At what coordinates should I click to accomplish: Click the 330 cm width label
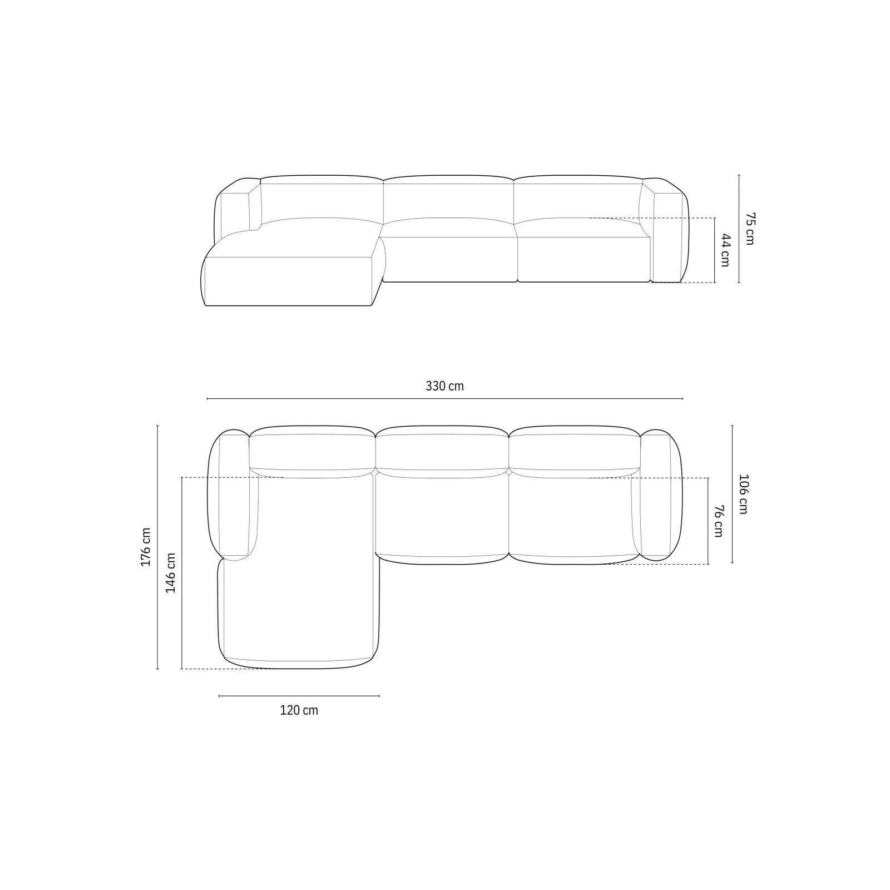(444, 386)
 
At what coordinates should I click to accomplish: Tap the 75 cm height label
(750, 229)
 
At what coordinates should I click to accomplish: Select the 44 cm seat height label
(725, 250)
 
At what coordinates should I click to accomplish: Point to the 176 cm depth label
(146, 547)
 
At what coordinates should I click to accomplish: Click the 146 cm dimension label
(170, 573)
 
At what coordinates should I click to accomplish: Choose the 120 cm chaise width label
(299, 710)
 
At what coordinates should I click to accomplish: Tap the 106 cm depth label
(743, 494)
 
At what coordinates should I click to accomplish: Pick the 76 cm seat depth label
(718, 521)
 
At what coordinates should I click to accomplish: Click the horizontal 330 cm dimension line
(444, 399)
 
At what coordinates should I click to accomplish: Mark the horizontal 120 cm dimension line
(299, 696)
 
